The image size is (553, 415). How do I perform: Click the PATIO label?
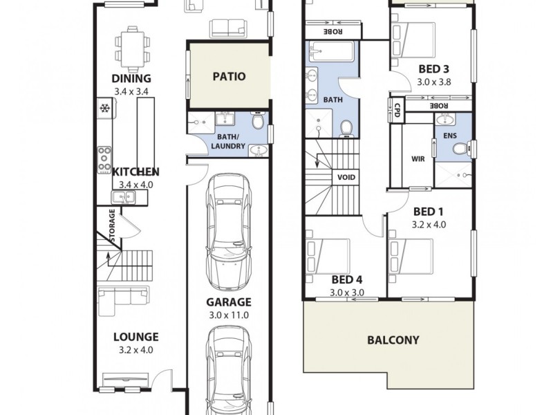[x=229, y=77]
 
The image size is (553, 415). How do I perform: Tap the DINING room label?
[x=131, y=79]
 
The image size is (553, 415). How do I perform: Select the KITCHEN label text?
[x=136, y=172]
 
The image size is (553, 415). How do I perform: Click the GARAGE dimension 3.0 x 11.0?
[x=228, y=315]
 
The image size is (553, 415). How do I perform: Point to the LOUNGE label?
[x=136, y=338]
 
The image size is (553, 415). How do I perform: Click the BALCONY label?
[x=393, y=340]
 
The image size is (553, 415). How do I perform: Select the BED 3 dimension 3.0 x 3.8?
[x=433, y=81]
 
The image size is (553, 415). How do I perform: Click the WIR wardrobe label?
[x=418, y=158]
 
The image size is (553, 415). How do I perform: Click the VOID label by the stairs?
[x=346, y=177]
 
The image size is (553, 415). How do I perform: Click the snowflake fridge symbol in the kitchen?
[x=105, y=109]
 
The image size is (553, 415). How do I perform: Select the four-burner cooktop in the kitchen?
[x=105, y=159]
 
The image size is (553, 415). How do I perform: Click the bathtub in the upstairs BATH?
[x=330, y=52]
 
